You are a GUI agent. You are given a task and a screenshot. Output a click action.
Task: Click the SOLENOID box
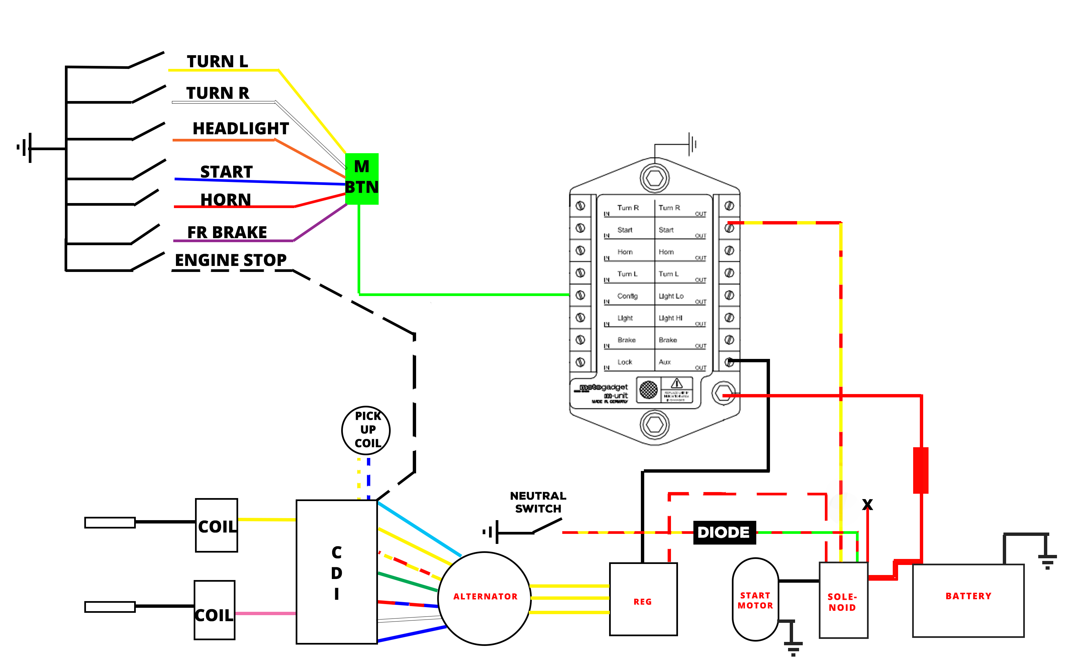point(843,600)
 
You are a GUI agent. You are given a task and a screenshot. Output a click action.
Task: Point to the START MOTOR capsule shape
point(755,599)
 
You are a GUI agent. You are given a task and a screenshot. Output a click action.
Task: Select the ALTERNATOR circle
point(484,597)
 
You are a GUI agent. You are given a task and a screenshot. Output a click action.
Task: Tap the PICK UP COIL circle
point(366,430)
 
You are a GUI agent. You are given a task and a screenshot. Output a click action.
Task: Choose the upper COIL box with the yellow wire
point(216,525)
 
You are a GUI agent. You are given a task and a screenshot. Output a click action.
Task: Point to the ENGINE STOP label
point(230,260)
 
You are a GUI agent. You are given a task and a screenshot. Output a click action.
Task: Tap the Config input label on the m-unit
point(627,296)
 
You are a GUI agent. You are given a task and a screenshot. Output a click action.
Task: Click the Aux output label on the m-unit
point(664,362)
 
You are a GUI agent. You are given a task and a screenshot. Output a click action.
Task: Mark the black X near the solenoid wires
point(867,504)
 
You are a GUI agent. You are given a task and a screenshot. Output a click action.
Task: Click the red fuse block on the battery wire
point(921,470)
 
